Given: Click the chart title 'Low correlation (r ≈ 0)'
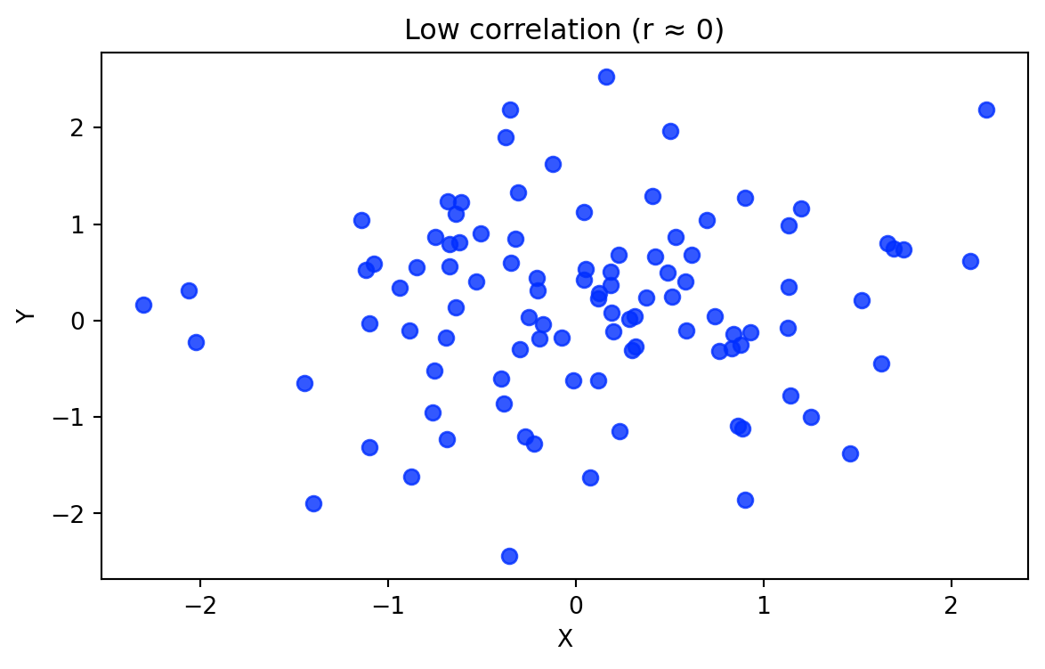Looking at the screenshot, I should (564, 30).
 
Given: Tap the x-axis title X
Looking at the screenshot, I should (564, 638).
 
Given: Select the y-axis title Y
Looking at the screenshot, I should (27, 315).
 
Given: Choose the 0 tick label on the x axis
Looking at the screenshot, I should (576, 608).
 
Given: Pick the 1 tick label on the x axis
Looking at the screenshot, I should (764, 608).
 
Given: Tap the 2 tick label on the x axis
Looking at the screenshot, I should (951, 608).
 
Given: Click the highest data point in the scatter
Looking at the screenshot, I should (606, 77).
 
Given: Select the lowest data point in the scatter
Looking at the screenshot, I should (509, 556).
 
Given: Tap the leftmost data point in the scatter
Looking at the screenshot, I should (143, 305).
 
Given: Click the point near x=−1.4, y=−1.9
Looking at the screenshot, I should (313, 503).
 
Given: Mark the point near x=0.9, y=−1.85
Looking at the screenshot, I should (745, 500).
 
